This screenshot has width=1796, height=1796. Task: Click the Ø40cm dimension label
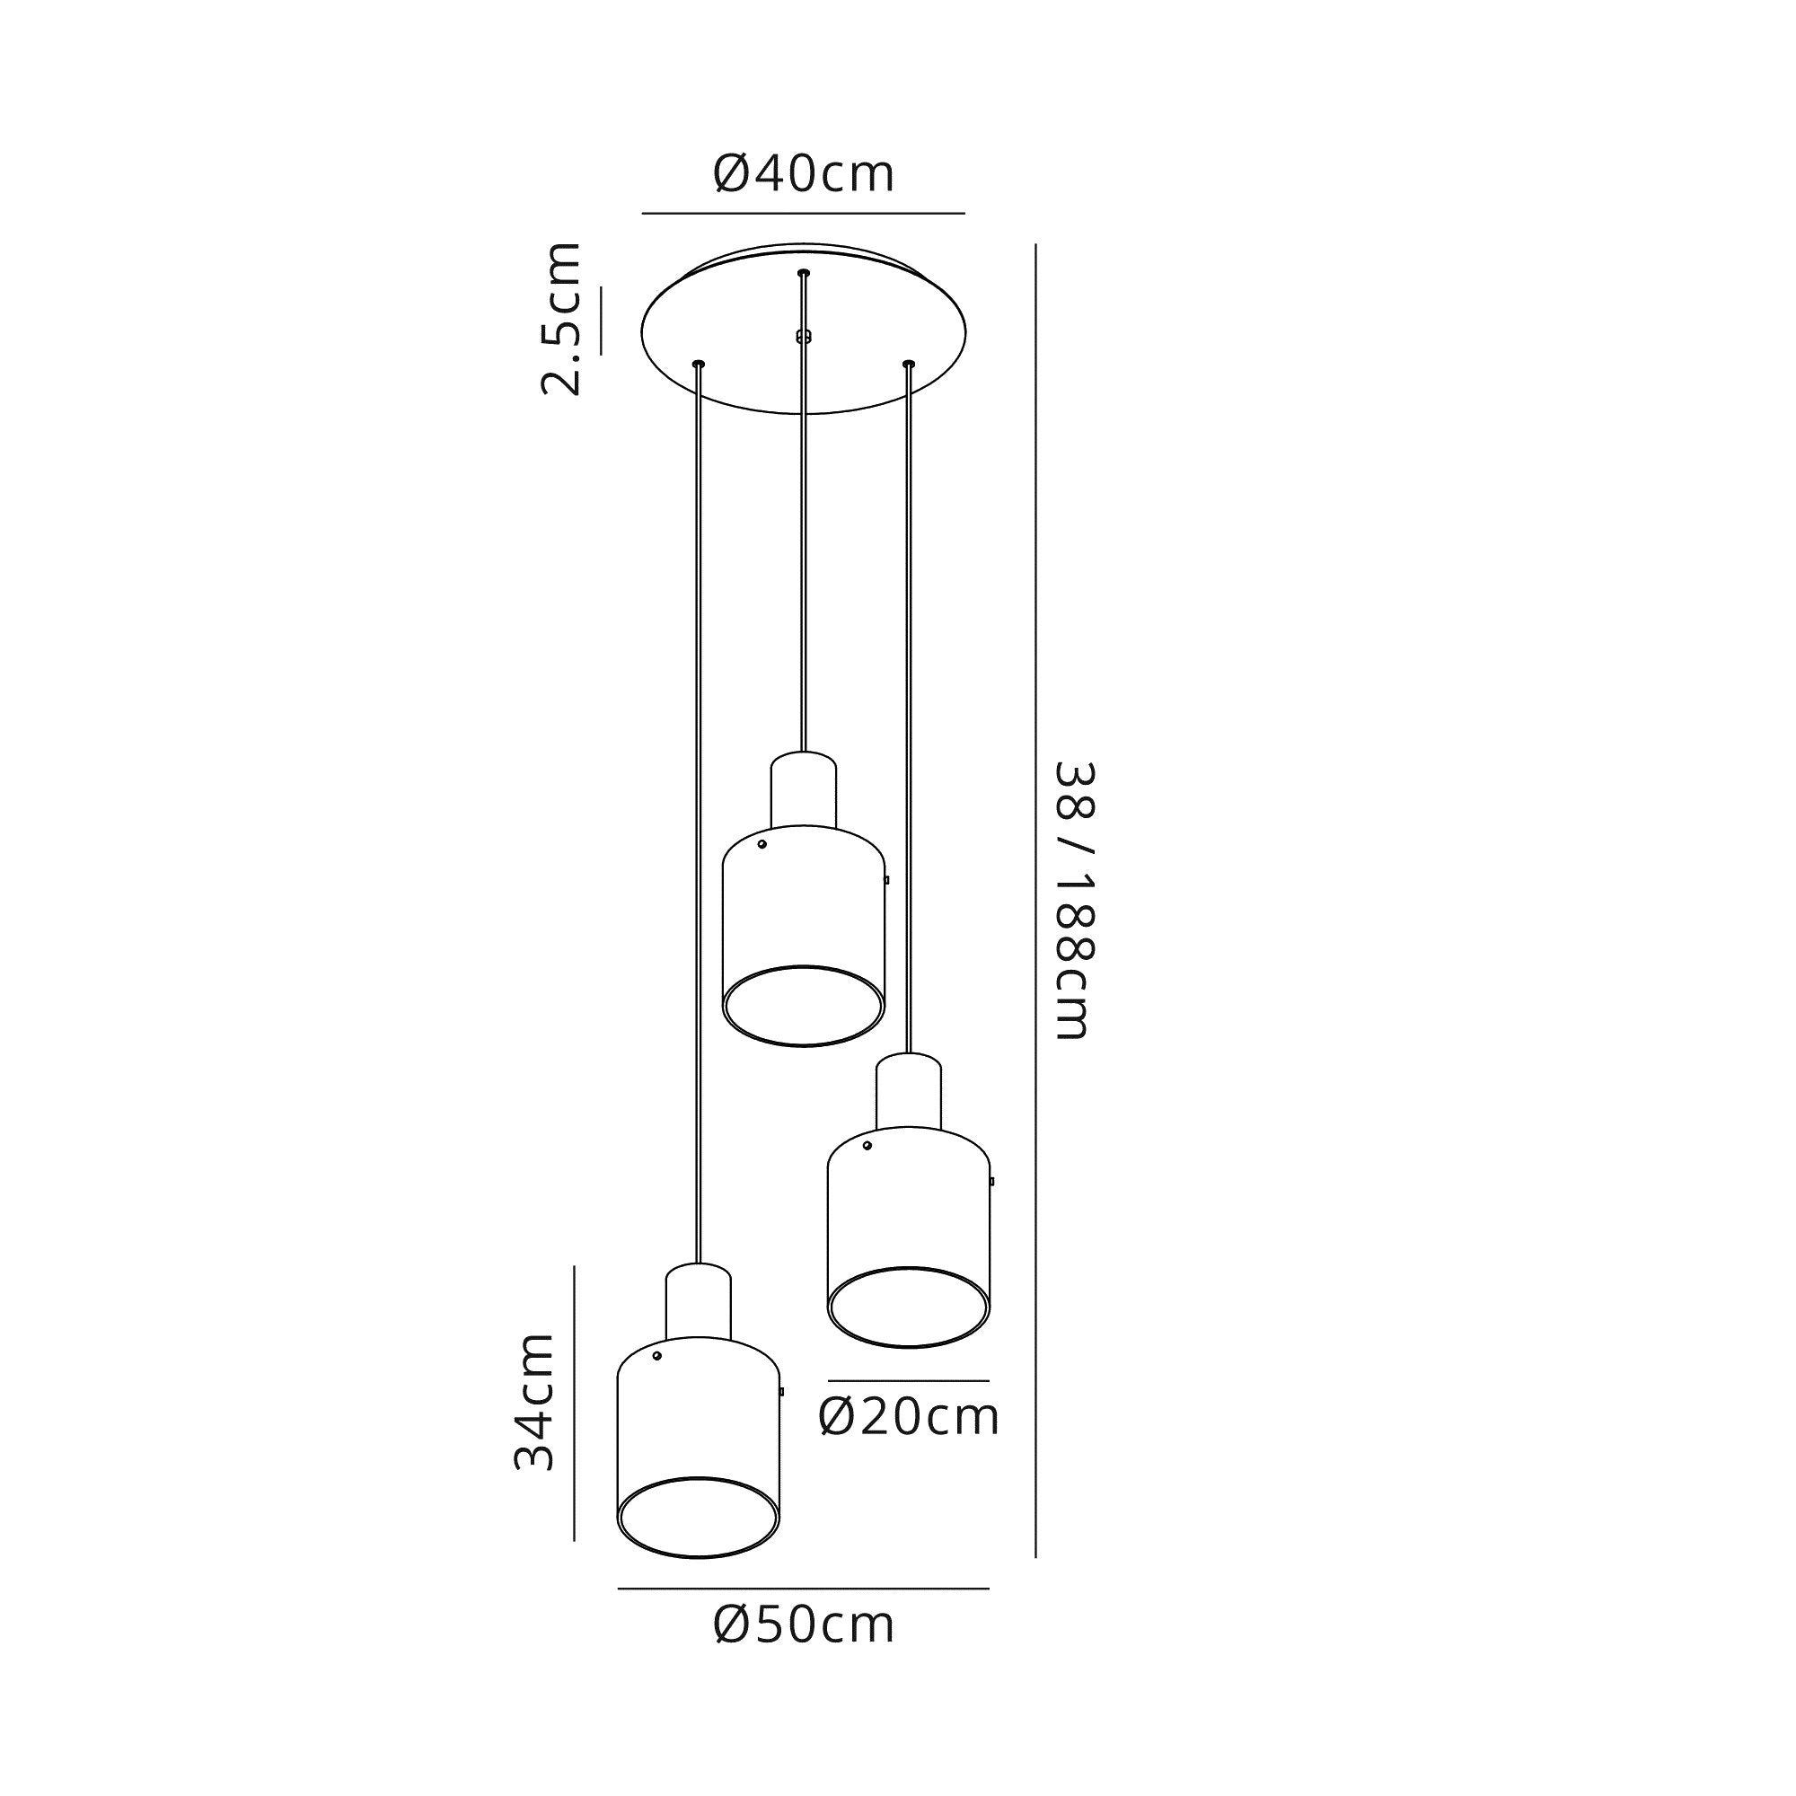pyautogui.click(x=803, y=174)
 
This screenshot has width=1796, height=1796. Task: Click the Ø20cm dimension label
pyautogui.click(x=908, y=1418)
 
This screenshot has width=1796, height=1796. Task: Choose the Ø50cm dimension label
pyautogui.click(x=803, y=1625)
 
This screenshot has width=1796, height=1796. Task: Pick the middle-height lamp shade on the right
pyautogui.click(x=908, y=1227)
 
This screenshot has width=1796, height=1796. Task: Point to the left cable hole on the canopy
pyautogui.click(x=698, y=363)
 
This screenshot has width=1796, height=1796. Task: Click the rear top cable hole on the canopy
pyautogui.click(x=803, y=272)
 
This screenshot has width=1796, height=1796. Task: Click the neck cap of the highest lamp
pyautogui.click(x=803, y=790)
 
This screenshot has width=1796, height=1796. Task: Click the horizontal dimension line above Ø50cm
pyautogui.click(x=803, y=1589)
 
